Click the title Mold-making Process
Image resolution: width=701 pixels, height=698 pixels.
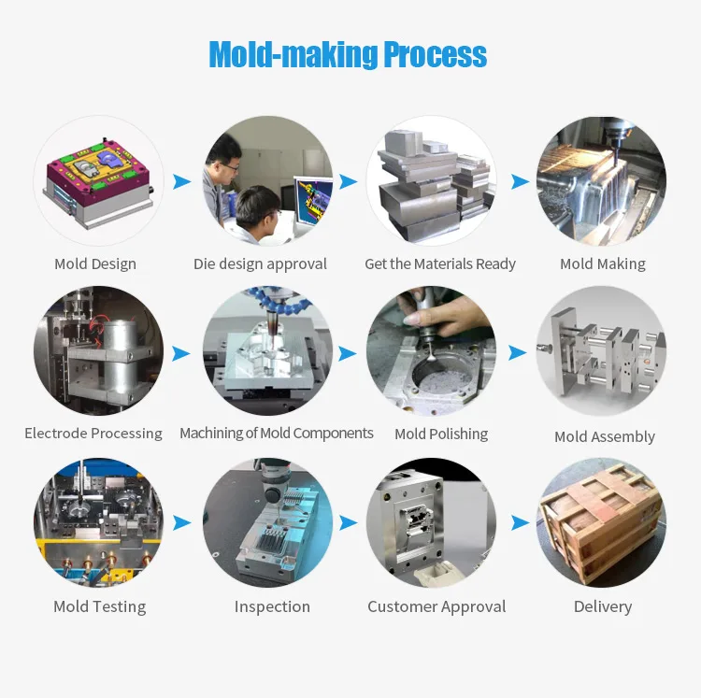pos(348,55)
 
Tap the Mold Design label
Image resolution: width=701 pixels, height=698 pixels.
pos(95,264)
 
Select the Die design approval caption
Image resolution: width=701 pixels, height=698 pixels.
pos(260,264)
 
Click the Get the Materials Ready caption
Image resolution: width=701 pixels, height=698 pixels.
pos(439,264)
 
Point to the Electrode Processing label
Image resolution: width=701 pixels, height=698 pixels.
pos(93,433)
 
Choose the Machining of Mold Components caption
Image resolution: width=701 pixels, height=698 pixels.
pos(276,433)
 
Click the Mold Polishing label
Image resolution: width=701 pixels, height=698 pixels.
pos(441,434)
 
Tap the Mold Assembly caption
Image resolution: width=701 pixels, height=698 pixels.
pos(604,436)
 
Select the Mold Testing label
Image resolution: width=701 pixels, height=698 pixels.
pos(99,606)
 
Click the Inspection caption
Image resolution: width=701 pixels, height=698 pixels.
pos(272,606)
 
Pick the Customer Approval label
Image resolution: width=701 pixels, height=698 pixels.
pos(436,606)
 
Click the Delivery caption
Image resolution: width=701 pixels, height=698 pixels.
pos(603,606)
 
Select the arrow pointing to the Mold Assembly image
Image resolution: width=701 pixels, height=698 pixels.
pos(517,353)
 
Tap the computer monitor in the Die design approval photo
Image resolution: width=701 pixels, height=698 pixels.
pos(313,201)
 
